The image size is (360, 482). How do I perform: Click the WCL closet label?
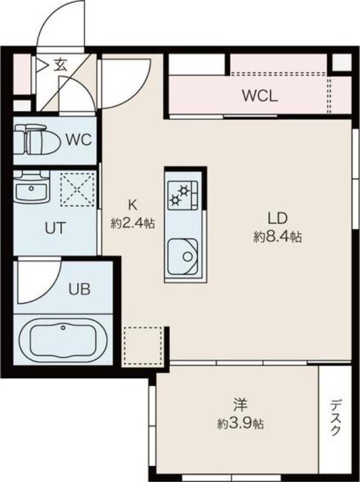(259, 96)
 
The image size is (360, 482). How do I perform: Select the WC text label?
(78, 140)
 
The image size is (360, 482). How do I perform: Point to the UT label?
(55, 228)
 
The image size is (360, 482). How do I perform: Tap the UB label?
(79, 289)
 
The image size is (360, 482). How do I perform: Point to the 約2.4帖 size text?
(133, 223)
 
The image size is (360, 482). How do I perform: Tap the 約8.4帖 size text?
(277, 237)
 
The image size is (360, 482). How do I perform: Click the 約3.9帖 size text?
(240, 424)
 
